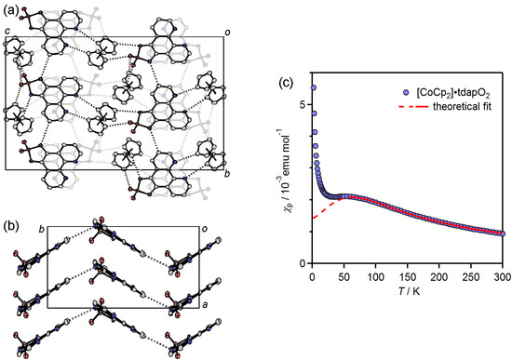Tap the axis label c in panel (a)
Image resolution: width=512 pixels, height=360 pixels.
(x=7, y=33)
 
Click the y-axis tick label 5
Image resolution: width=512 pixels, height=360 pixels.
(x=300, y=104)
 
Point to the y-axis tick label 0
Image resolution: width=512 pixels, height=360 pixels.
(x=300, y=263)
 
